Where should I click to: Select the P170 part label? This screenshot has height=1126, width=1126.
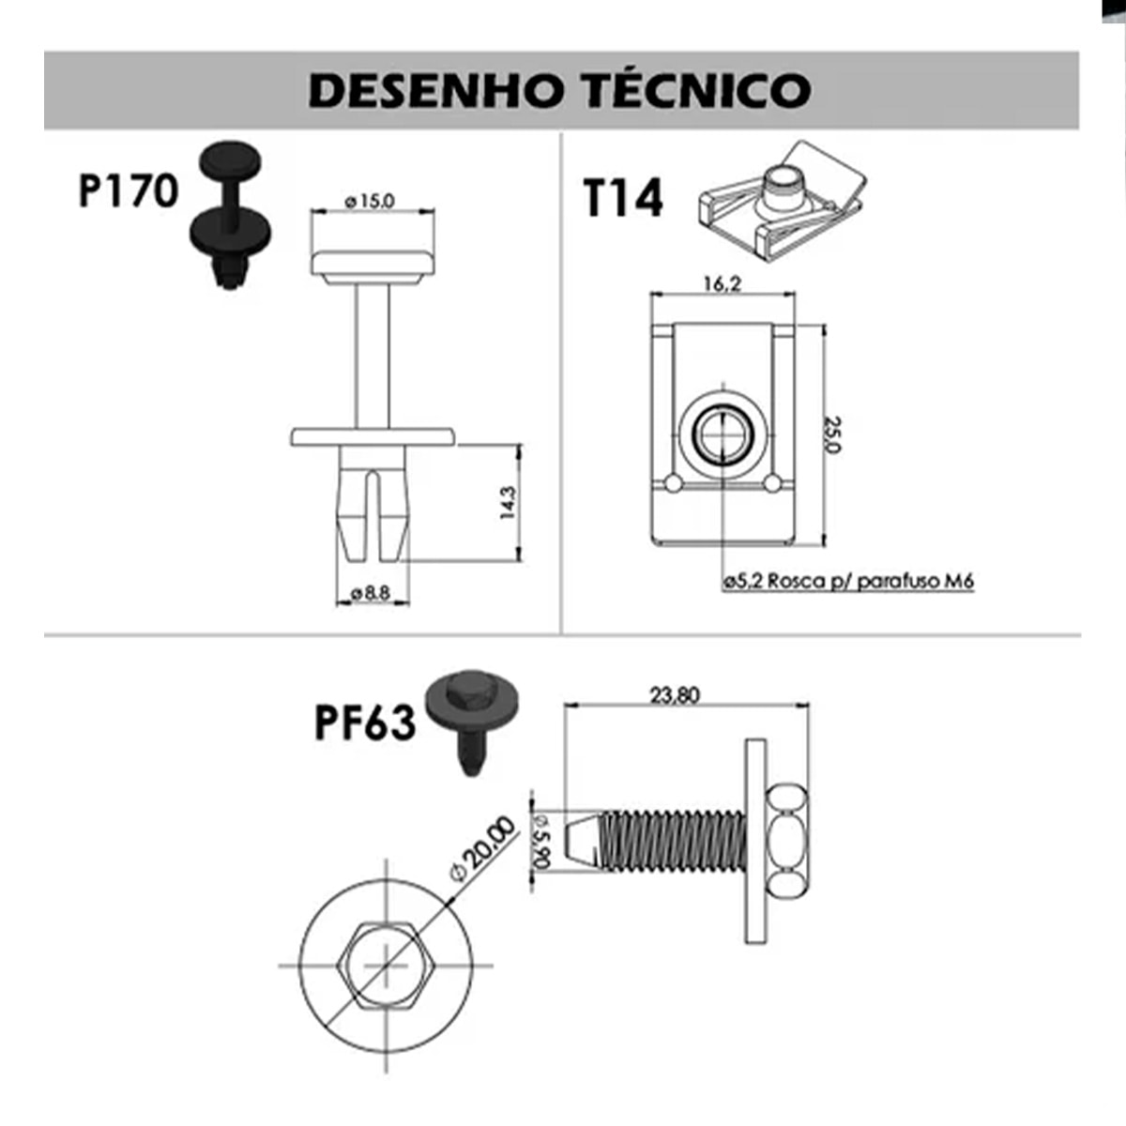point(128,191)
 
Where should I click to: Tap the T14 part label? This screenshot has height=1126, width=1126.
point(622,198)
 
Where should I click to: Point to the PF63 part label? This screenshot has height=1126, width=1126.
point(364,723)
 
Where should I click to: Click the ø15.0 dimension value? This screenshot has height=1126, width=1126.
point(371,200)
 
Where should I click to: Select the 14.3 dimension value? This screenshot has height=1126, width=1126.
point(508,503)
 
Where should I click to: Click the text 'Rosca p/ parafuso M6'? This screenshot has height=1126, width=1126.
point(871,581)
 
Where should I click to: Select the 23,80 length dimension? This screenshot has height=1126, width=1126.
point(675,695)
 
